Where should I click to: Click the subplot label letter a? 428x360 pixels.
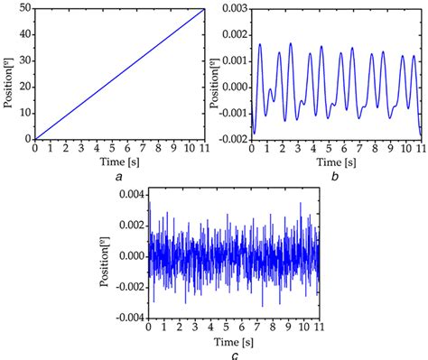coord(120,177)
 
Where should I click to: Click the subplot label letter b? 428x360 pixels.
coord(335,177)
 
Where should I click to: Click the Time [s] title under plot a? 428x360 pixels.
coord(119,163)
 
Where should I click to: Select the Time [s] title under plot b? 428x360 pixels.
coord(334,163)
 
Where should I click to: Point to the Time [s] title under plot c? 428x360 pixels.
coord(233,341)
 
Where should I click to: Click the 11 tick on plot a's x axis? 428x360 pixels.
coord(204,150)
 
